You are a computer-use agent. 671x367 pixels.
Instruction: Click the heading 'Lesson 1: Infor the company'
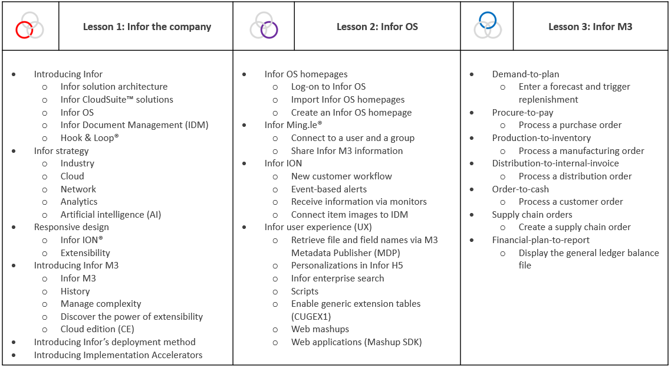click(147, 27)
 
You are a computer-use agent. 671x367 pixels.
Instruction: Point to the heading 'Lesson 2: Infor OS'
click(377, 27)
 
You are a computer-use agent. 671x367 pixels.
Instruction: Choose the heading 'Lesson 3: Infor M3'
click(590, 27)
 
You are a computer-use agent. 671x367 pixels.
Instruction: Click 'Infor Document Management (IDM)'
click(134, 125)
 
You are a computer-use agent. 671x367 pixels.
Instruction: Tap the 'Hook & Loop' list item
click(90, 138)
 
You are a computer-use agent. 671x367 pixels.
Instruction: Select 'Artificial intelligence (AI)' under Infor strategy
click(111, 215)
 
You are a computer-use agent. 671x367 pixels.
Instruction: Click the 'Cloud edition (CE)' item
click(97, 329)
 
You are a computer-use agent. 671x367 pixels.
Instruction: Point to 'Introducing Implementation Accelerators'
click(118, 355)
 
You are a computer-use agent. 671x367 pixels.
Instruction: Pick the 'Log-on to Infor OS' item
click(328, 87)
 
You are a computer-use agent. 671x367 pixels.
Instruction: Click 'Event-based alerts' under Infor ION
click(328, 189)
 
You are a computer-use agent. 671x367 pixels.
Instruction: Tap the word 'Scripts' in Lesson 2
click(305, 291)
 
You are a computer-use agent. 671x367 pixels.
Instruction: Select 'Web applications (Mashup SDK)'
click(357, 342)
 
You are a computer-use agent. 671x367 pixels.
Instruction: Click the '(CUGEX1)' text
click(311, 316)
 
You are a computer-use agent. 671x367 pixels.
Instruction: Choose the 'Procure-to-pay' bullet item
click(522, 112)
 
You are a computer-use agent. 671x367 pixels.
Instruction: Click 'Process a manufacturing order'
click(581, 150)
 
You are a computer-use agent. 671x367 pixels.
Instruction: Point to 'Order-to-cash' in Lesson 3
click(521, 189)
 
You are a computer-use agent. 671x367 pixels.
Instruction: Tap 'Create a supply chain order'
click(575, 227)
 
